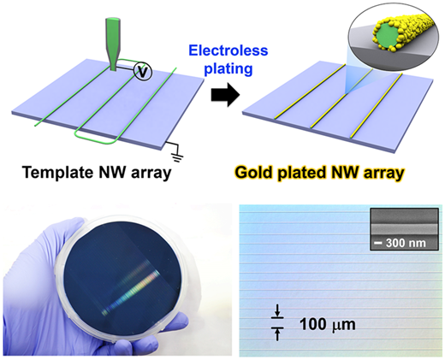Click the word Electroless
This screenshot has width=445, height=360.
point(228,50)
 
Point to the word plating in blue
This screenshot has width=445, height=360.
point(228,68)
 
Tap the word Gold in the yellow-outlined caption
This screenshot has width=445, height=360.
point(254,172)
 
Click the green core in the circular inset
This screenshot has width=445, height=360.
point(387,36)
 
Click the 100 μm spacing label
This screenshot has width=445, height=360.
point(328,324)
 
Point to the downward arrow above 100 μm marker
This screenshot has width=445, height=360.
point(277,311)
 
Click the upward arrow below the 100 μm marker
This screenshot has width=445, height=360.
point(277,334)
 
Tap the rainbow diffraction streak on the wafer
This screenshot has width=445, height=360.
point(131,292)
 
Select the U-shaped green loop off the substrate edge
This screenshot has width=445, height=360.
point(97,138)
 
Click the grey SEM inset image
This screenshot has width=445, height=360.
point(404,229)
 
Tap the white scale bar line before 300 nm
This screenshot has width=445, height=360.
point(378,243)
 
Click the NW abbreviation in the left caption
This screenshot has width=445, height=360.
point(113,172)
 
